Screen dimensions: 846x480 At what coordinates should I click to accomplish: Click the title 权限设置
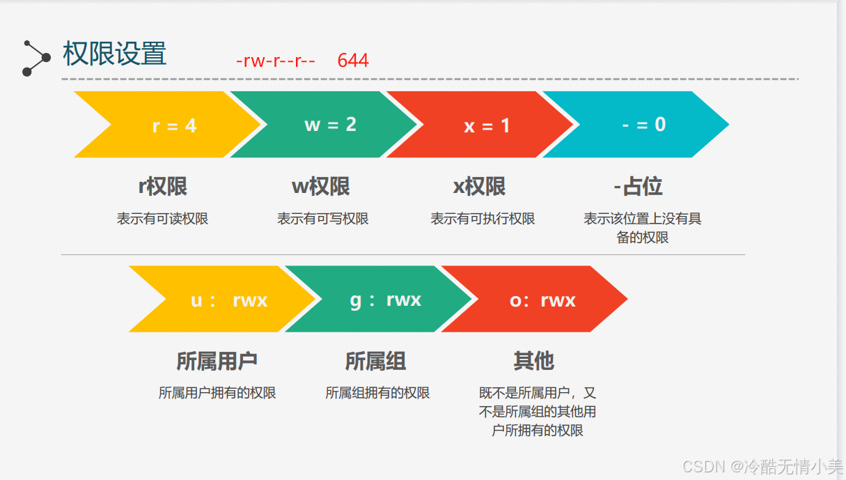tap(115, 54)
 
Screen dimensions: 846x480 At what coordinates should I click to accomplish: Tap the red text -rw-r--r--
tap(276, 61)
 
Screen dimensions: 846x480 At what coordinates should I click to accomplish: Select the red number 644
tap(353, 61)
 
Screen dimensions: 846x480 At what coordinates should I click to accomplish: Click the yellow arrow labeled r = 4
tap(174, 125)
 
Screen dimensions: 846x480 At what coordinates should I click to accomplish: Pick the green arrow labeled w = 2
tap(330, 125)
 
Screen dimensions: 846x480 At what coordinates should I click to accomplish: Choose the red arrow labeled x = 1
tap(487, 125)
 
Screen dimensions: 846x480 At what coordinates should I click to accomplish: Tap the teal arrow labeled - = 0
tap(643, 125)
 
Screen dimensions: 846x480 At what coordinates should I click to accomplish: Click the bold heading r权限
tap(163, 187)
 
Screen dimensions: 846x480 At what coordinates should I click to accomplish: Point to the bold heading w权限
tap(320, 187)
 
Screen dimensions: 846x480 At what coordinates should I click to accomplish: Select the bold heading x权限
tap(479, 187)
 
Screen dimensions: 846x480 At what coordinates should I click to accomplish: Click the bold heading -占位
tap(638, 187)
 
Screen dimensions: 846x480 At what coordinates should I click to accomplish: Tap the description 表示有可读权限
tap(162, 219)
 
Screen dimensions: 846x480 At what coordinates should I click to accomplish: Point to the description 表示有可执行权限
tap(483, 219)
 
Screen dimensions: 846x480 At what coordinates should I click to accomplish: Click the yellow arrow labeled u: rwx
tap(228, 300)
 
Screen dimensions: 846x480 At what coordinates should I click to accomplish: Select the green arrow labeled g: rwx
tap(385, 300)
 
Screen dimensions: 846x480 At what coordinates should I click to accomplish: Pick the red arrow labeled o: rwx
tap(542, 300)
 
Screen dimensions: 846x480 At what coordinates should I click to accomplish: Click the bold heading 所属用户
tap(217, 362)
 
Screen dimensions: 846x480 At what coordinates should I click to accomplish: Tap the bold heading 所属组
tap(376, 362)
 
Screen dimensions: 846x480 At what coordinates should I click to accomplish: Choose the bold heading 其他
tap(533, 362)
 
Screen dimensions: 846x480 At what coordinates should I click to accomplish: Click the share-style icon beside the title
tap(36, 58)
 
